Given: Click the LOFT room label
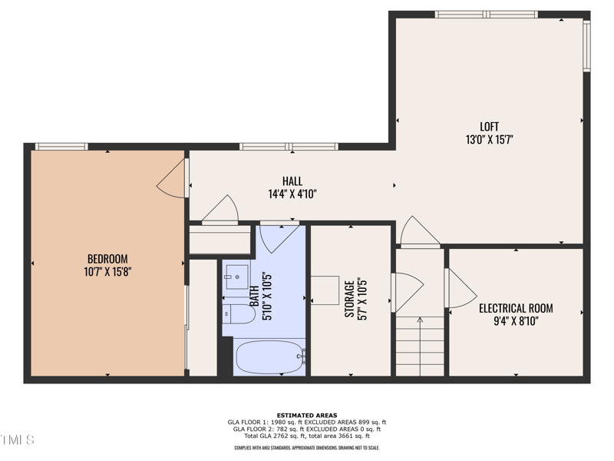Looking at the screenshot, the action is pyautogui.click(x=489, y=127).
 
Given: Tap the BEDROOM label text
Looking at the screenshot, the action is pyautogui.click(x=107, y=259).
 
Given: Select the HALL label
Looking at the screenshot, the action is pyautogui.click(x=292, y=181).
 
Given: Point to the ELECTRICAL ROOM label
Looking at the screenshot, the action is pyautogui.click(x=516, y=308).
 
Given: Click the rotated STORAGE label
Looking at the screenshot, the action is pyautogui.click(x=349, y=299).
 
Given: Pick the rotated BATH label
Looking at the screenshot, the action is pyautogui.click(x=254, y=296).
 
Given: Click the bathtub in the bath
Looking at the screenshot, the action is pyautogui.click(x=270, y=357).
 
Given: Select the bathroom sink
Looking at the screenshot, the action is pyautogui.click(x=237, y=277).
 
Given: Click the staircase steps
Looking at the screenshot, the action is pyautogui.click(x=420, y=347).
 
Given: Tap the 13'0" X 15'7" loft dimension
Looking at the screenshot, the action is pyautogui.click(x=489, y=140).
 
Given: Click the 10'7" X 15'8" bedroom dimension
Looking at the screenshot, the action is pyautogui.click(x=107, y=272).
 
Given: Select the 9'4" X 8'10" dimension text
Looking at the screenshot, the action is pyautogui.click(x=516, y=321).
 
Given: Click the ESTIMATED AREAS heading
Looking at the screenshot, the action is pyautogui.click(x=307, y=416).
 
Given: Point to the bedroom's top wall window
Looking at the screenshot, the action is pyautogui.click(x=61, y=147).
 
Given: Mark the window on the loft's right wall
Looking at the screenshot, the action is pyautogui.click(x=586, y=46).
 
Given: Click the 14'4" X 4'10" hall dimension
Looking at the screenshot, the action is pyautogui.click(x=292, y=194).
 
